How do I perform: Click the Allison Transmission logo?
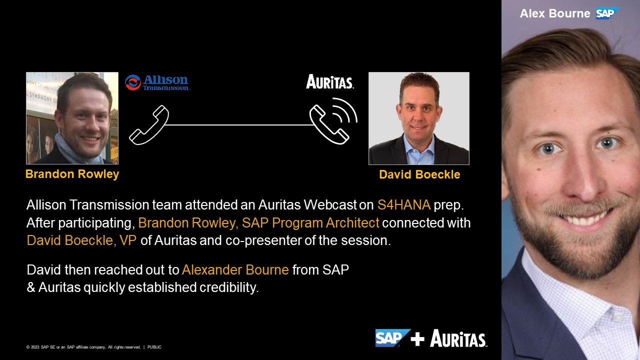(x=157, y=82)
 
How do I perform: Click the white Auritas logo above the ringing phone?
(x=329, y=81)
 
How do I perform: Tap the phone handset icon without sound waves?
(x=149, y=125)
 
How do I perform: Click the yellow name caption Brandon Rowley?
(x=72, y=174)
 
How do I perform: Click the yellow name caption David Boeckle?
(x=419, y=174)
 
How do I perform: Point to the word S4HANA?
(x=403, y=205)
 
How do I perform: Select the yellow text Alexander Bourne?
(x=235, y=269)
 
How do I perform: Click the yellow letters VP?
(x=128, y=240)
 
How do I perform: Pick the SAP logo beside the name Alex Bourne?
(x=607, y=13)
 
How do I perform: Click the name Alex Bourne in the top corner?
(x=555, y=13)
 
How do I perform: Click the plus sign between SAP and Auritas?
(x=417, y=339)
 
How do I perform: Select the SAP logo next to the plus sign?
(x=392, y=338)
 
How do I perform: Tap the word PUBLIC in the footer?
(x=154, y=347)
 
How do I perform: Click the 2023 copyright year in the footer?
(x=35, y=347)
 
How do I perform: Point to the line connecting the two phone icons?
(x=239, y=125)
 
